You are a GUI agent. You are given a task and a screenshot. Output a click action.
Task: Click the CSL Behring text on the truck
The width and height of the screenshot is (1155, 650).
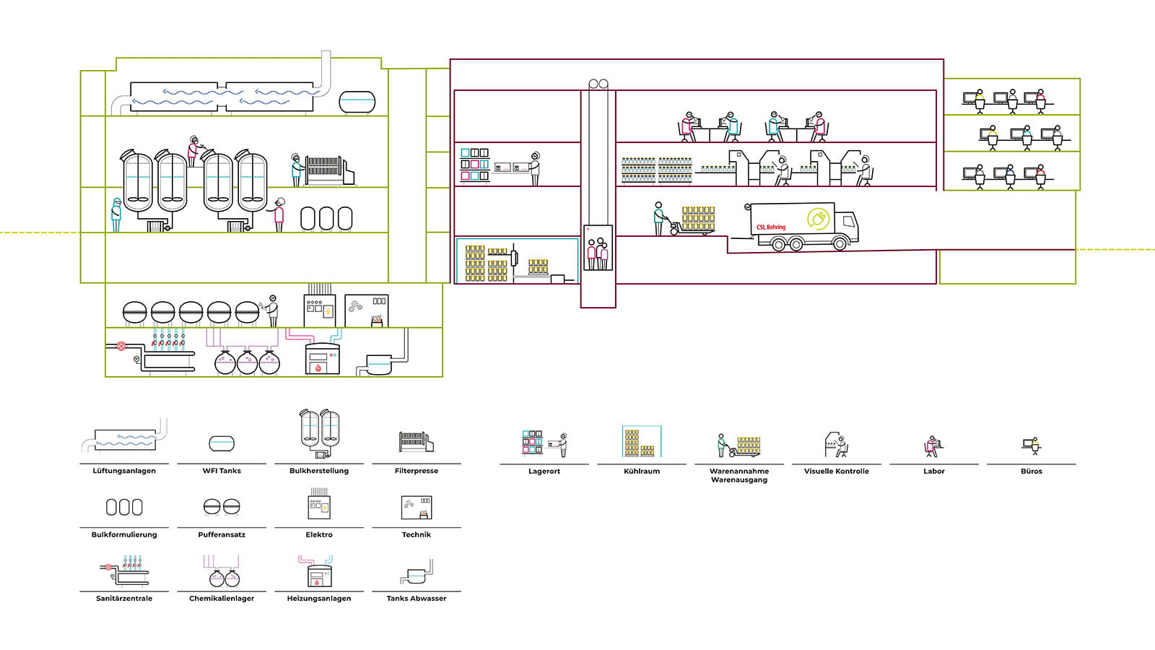coord(771,227)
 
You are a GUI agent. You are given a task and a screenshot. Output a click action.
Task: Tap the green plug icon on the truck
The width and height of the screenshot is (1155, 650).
coord(817,218)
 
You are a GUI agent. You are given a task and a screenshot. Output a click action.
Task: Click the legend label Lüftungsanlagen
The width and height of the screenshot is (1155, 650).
coord(124,471)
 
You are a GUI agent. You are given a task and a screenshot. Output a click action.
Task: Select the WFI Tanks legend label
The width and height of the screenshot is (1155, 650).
coord(222,471)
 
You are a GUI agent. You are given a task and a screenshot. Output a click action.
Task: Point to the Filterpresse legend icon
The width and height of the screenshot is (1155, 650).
coord(416,441)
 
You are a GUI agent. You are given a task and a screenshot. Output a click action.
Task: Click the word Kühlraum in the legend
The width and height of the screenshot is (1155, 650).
coord(642,471)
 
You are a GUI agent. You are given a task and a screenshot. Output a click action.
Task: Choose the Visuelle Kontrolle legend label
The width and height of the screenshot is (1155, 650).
coord(837,471)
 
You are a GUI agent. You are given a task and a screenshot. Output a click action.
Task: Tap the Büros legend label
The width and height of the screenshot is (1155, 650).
coord(1031,471)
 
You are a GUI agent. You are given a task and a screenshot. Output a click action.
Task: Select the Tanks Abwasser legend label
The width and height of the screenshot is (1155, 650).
coord(417,598)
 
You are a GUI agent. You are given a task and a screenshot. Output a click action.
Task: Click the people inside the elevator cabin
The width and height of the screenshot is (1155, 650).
coord(597,253)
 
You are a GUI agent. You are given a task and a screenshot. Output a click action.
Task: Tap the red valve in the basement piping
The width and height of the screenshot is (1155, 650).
coord(121,347)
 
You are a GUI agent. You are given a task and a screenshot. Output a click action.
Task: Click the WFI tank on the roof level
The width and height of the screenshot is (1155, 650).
coord(357,102)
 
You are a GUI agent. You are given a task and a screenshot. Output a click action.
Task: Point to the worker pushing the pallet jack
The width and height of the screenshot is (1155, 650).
coord(658,218)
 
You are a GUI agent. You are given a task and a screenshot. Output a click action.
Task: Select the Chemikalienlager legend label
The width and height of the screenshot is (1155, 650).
coord(222,598)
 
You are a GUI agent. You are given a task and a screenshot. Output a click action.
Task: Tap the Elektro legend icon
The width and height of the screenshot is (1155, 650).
coord(319,505)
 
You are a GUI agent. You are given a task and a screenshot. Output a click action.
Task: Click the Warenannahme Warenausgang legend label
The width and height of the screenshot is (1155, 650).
coord(739,475)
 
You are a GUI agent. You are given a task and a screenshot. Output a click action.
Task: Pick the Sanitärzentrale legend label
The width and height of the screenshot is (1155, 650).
coord(124,598)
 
